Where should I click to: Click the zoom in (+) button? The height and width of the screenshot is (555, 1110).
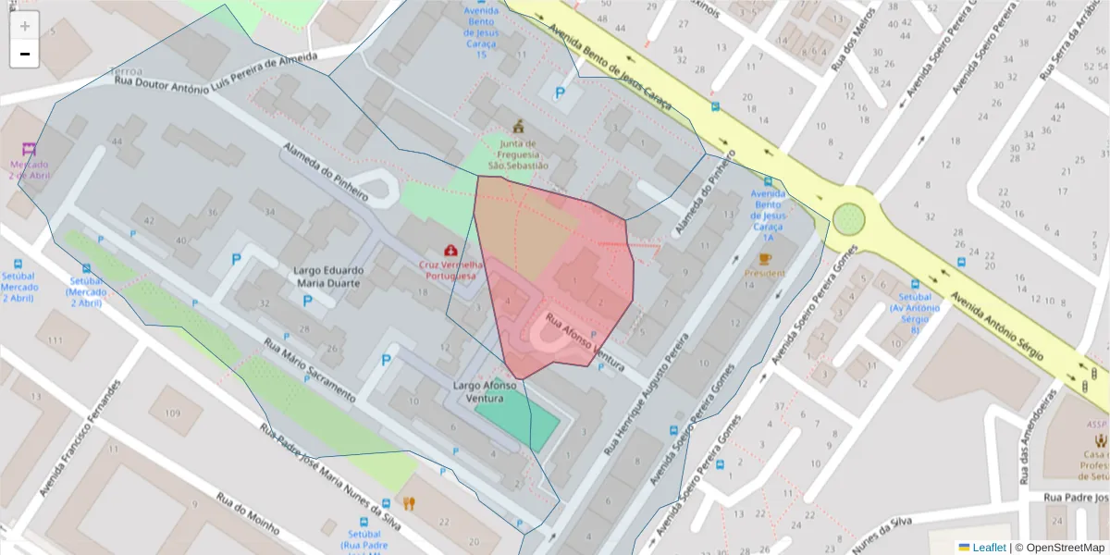(25, 26)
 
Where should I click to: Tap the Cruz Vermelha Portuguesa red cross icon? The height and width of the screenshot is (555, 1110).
(450, 251)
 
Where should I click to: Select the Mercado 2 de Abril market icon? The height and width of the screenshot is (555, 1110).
(30, 148)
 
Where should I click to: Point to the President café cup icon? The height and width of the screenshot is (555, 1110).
(764, 259)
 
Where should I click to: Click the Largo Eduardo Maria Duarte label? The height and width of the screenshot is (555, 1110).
(328, 277)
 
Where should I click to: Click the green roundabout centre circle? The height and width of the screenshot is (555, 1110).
(848, 219)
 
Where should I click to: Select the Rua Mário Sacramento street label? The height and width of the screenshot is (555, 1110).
(310, 369)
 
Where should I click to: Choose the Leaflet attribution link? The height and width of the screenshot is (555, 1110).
(988, 548)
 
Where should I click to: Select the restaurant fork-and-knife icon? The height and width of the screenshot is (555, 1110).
(409, 504)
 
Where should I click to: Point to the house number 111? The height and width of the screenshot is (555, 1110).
(55, 341)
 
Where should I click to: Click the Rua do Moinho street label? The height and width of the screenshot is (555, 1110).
(247, 513)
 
